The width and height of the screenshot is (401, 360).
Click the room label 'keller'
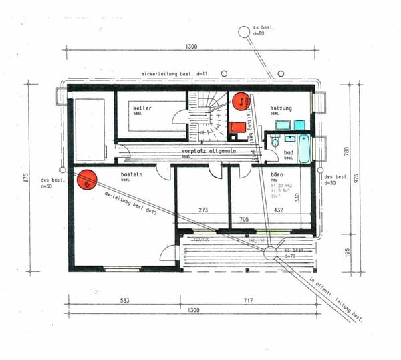pos(142,108)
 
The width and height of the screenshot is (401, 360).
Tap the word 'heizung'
pos(281,108)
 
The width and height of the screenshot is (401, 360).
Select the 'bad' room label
pos(289,152)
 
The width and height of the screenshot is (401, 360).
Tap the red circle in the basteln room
pos(88,180)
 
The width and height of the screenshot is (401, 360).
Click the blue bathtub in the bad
pos(304,148)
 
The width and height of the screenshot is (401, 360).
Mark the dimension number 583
pos(124,301)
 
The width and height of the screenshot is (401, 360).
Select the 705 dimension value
pos(245,218)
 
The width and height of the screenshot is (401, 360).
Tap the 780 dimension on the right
pos(346,152)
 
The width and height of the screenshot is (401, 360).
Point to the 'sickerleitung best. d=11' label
pos(176,73)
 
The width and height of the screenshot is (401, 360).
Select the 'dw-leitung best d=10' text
pos(130,204)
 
